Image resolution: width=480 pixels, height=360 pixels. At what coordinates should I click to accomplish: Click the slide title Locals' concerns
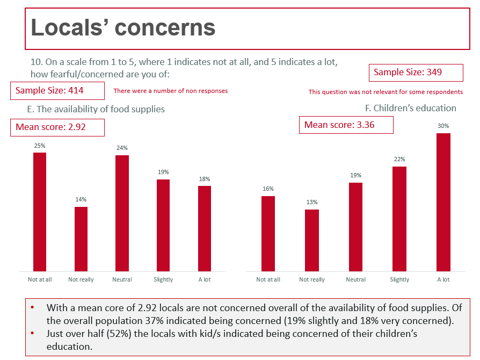tap(123, 27)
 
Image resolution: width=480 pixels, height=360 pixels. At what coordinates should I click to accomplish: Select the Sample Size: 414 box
tap(57, 90)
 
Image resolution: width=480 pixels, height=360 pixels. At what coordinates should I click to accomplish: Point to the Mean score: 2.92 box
tap(57, 127)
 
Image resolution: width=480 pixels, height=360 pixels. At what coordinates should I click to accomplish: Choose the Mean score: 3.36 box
tap(346, 125)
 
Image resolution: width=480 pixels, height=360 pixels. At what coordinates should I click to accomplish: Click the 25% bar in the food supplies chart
tap(40, 212)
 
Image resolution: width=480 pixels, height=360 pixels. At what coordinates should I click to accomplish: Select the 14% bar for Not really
tap(81, 239)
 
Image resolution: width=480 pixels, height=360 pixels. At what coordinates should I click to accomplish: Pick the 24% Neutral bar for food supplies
tap(122, 213)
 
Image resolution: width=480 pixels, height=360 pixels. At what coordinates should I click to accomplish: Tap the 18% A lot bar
tap(205, 228)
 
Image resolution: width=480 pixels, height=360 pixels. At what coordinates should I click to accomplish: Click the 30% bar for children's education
tap(443, 202)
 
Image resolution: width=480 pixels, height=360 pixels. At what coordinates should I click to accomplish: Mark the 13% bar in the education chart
tap(312, 240)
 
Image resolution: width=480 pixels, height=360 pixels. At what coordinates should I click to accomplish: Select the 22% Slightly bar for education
tap(399, 219)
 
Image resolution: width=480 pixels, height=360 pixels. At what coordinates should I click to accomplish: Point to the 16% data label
tap(268, 189)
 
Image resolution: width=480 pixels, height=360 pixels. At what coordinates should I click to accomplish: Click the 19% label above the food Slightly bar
tap(163, 172)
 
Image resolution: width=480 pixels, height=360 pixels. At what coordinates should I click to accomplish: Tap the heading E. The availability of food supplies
tap(96, 109)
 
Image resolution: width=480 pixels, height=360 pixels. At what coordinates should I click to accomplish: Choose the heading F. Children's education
tap(411, 108)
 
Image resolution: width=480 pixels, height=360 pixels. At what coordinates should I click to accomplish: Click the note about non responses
tap(171, 91)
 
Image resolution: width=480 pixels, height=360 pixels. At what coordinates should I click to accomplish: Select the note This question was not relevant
tap(386, 92)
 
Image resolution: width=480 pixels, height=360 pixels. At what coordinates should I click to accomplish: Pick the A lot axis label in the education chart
tap(443, 279)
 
